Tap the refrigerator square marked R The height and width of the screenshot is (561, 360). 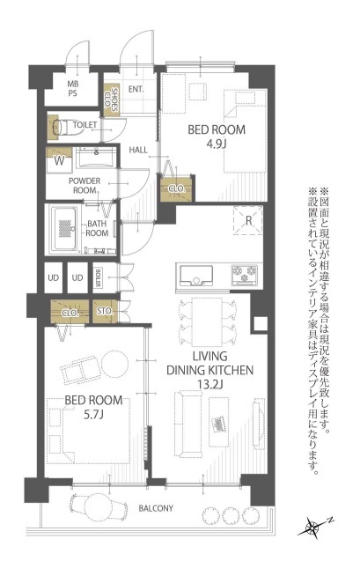[248, 220]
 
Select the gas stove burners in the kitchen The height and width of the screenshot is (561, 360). [245, 274]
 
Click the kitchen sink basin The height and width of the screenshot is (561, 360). [196, 276]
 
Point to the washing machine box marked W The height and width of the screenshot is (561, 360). [59, 160]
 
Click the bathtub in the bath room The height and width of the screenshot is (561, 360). [65, 229]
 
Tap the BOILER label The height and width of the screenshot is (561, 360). [98, 278]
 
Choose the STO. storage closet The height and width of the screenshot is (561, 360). [105, 312]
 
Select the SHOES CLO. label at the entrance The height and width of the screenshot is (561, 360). [111, 100]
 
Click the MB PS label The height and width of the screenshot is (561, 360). [73, 89]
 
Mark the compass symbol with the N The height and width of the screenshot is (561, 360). [315, 527]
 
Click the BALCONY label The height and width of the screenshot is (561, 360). [156, 508]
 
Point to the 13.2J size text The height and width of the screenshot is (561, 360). [210, 384]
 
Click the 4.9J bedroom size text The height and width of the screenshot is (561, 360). [217, 144]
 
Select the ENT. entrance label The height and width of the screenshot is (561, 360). [136, 89]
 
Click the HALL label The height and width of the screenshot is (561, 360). [138, 150]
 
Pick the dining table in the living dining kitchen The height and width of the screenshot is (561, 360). [207, 321]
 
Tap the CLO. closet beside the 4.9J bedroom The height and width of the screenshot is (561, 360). [177, 188]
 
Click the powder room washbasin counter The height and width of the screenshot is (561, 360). [96, 158]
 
